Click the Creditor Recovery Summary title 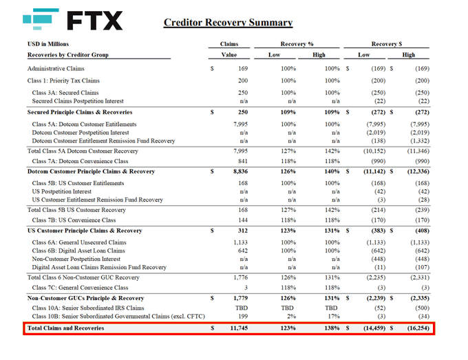click(228, 23)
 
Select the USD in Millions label click(49, 43)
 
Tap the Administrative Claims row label click(56, 69)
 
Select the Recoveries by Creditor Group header click(67, 54)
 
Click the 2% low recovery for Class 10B click(289, 317)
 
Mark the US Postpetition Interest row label click(66, 191)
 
